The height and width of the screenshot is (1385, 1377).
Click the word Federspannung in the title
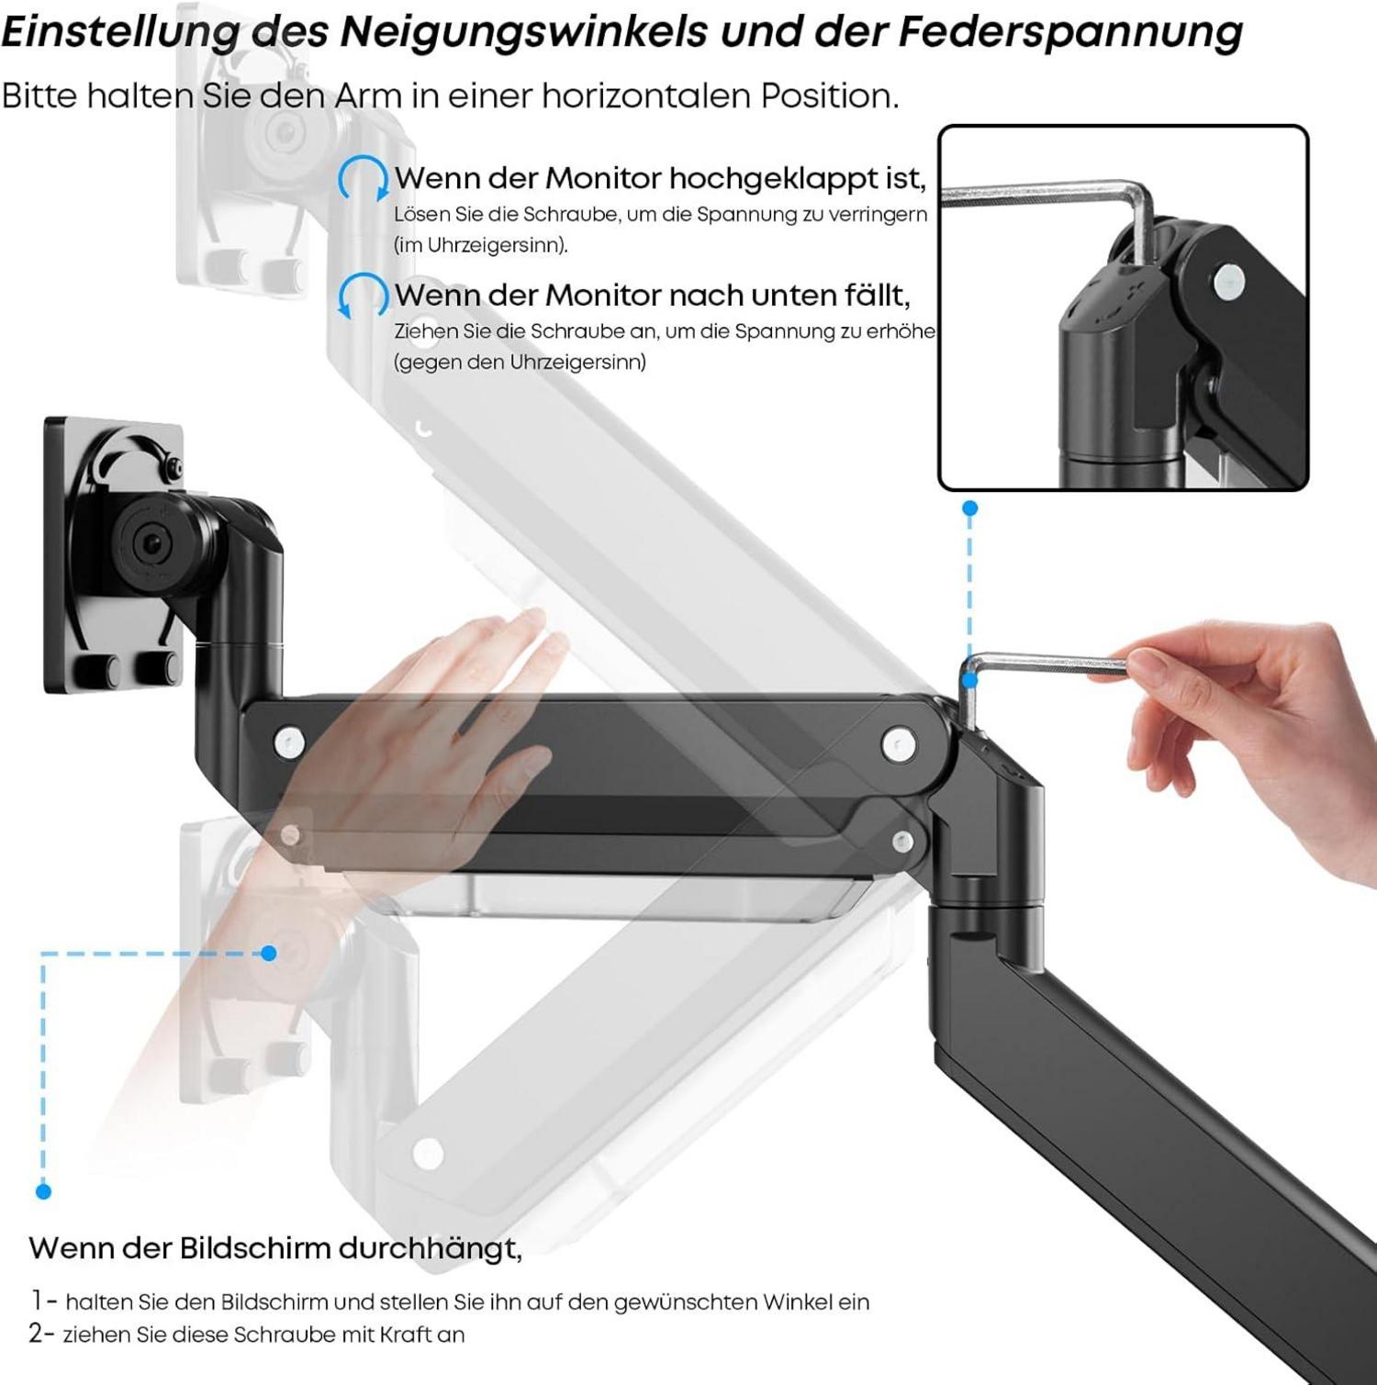pyautogui.click(x=1069, y=32)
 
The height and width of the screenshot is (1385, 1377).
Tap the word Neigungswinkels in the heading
pyautogui.click(x=524, y=32)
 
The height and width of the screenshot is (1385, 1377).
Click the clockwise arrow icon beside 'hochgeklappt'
pyautogui.click(x=364, y=178)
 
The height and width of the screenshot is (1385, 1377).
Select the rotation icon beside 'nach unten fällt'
pyautogui.click(x=363, y=296)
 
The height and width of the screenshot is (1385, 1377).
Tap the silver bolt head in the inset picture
pyautogui.click(x=1228, y=282)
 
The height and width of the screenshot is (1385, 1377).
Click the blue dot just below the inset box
pyautogui.click(x=970, y=508)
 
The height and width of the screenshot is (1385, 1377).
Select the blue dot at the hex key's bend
pyautogui.click(x=970, y=680)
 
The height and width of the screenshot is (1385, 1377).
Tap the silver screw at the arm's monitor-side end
pyautogui.click(x=290, y=742)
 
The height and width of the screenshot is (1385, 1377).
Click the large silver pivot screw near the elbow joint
pyautogui.click(x=899, y=744)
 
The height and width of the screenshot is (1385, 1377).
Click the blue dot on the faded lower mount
pyautogui.click(x=269, y=954)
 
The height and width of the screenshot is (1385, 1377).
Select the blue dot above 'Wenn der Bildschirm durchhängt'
pyautogui.click(x=43, y=1191)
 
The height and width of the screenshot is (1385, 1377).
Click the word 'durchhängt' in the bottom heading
pyautogui.click(x=431, y=1249)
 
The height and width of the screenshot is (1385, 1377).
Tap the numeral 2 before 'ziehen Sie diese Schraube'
pyautogui.click(x=36, y=1334)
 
